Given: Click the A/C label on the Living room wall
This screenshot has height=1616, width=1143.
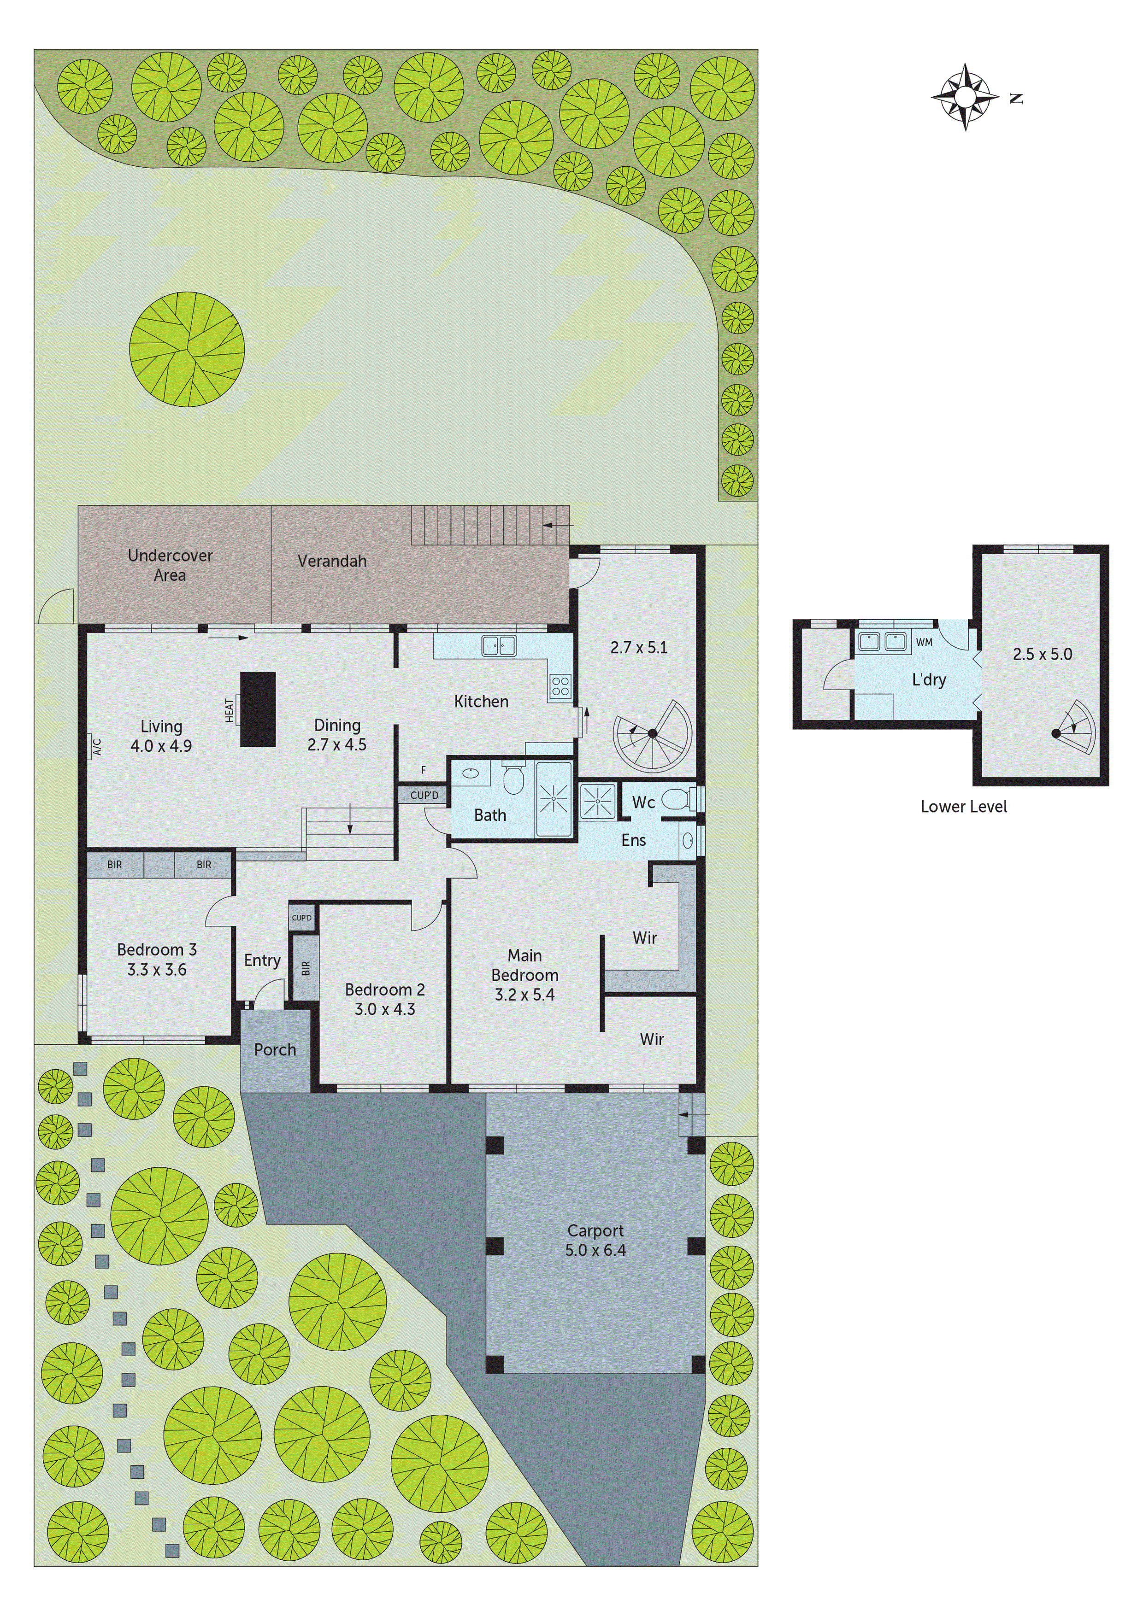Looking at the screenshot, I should (97, 746).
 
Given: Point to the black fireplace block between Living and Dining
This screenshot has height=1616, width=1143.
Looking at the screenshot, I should (258, 709).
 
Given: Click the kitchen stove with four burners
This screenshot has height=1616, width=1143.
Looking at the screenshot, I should (560, 685).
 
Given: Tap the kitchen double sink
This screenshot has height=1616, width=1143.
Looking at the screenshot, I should (499, 645).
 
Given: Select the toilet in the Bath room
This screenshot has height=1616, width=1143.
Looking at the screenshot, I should (513, 779).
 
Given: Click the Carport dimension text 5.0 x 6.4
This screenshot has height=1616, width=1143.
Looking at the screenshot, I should (595, 1250).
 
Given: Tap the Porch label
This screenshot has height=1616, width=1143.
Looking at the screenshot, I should (275, 1049).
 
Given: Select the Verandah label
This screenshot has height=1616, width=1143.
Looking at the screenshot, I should (332, 561).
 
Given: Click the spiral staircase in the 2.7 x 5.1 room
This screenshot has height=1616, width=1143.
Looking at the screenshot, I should (653, 734).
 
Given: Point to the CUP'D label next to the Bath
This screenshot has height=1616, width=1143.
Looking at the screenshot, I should (424, 795).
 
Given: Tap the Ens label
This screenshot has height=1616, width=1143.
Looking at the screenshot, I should (634, 840).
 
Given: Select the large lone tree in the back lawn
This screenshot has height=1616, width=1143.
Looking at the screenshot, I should (187, 349).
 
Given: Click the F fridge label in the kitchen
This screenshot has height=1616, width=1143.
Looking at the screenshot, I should (423, 770).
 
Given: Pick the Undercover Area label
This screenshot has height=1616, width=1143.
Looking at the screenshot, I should (170, 565).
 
